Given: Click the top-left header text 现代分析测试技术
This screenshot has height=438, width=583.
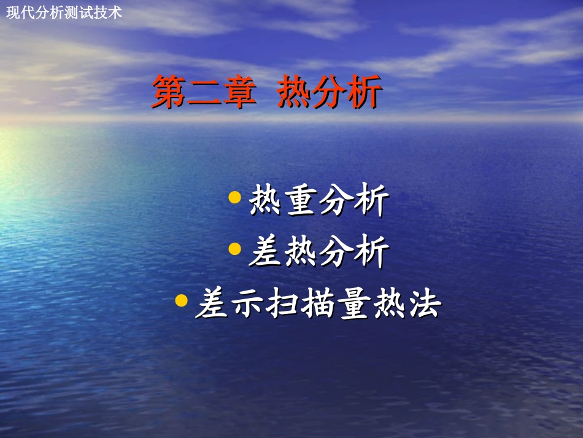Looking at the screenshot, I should click(64, 12).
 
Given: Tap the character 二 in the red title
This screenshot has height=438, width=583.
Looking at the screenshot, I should click(204, 92).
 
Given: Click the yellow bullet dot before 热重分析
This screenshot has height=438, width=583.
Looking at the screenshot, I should click(234, 197).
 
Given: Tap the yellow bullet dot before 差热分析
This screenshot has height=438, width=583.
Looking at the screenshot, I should click(234, 248).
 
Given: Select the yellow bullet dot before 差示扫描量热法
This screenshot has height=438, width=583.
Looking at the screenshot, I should click(180, 300).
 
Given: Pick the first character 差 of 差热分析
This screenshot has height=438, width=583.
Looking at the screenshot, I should click(266, 252).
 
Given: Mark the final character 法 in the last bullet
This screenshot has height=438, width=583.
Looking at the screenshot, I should click(424, 304).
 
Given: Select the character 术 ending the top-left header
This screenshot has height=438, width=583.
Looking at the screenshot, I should click(115, 12).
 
